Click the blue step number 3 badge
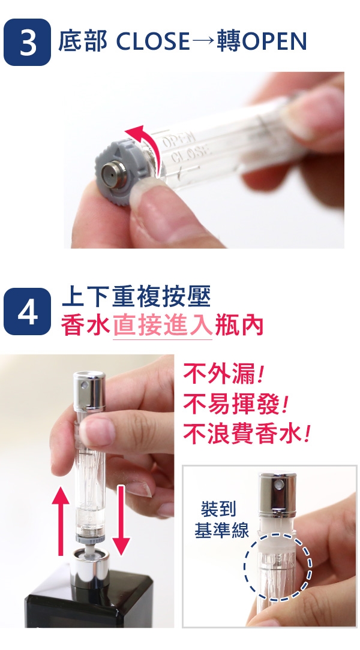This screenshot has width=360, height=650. (x=28, y=42)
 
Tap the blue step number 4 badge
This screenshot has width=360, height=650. (x=28, y=312)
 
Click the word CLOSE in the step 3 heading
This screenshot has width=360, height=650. (x=152, y=41)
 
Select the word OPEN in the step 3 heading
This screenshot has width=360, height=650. (x=274, y=41)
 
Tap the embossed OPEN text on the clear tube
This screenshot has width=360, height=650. (x=177, y=140)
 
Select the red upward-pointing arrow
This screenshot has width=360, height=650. (x=61, y=520)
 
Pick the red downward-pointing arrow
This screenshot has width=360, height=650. (x=121, y=520)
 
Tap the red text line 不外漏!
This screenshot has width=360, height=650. (x=223, y=374)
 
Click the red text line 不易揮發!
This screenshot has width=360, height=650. (x=236, y=404)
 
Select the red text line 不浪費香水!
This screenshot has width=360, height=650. (x=247, y=433)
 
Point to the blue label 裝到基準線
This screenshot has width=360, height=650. (x=221, y=519)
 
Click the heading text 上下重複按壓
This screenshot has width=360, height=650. (x=136, y=296)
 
